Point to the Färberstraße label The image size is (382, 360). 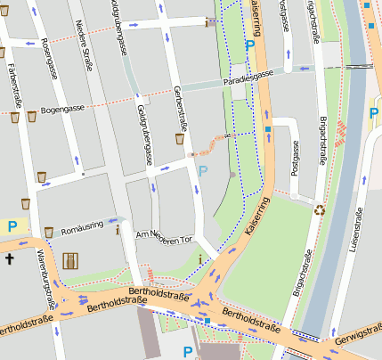[12, 84]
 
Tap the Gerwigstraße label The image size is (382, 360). [359, 343]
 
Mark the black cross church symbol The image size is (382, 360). [10, 259]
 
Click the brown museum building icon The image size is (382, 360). [70, 261]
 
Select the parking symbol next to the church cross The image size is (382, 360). [12, 226]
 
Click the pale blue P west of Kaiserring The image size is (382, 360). [203, 170]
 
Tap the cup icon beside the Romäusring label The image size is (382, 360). [48, 231]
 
